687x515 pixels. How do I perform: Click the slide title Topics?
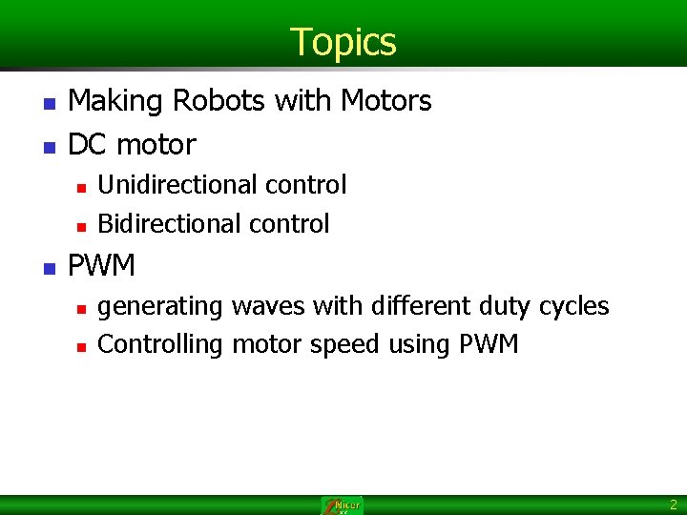click(x=343, y=42)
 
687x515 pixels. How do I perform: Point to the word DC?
click(x=89, y=145)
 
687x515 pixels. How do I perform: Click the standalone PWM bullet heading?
click(x=102, y=264)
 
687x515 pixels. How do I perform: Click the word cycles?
click(x=573, y=306)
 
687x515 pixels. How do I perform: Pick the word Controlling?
click(x=160, y=344)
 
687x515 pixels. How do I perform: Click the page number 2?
click(x=674, y=505)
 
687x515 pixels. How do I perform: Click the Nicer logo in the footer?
click(x=343, y=505)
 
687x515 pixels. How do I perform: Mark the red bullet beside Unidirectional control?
click(x=81, y=186)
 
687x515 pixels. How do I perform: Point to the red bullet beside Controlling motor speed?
click(x=81, y=346)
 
